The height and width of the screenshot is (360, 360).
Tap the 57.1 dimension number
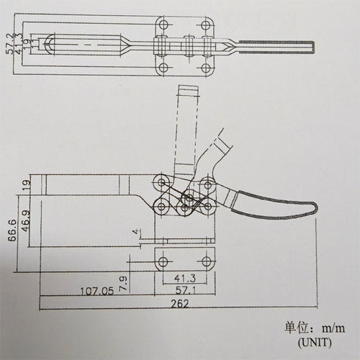click(184, 291)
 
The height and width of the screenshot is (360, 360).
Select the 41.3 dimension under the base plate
click(184, 278)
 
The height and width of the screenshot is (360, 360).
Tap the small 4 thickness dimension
click(134, 233)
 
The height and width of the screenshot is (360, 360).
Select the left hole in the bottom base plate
click(163, 260)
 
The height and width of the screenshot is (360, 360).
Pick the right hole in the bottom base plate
click(207, 260)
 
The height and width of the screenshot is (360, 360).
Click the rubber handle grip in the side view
click(277, 208)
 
